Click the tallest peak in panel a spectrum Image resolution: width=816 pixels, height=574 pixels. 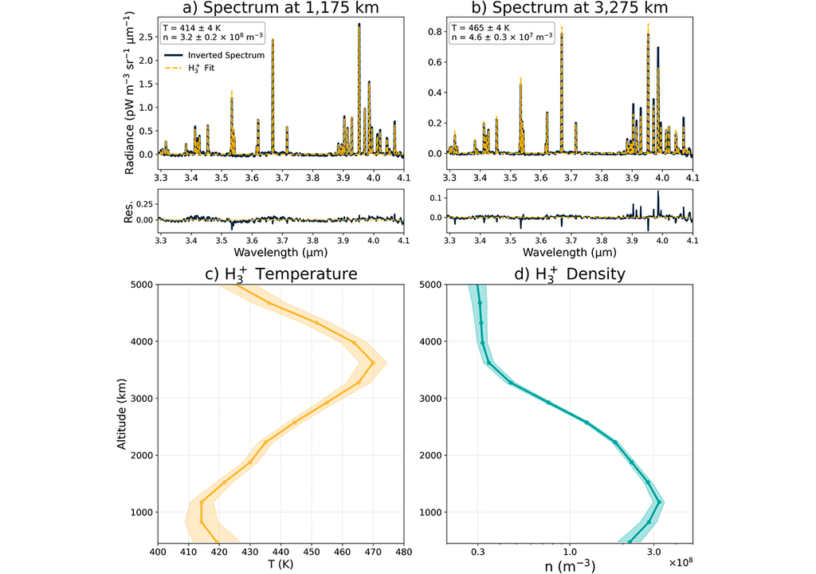pos(359,25)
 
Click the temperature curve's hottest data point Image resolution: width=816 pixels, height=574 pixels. pos(373,364)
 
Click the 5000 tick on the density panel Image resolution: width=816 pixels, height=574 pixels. pos(433,285)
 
